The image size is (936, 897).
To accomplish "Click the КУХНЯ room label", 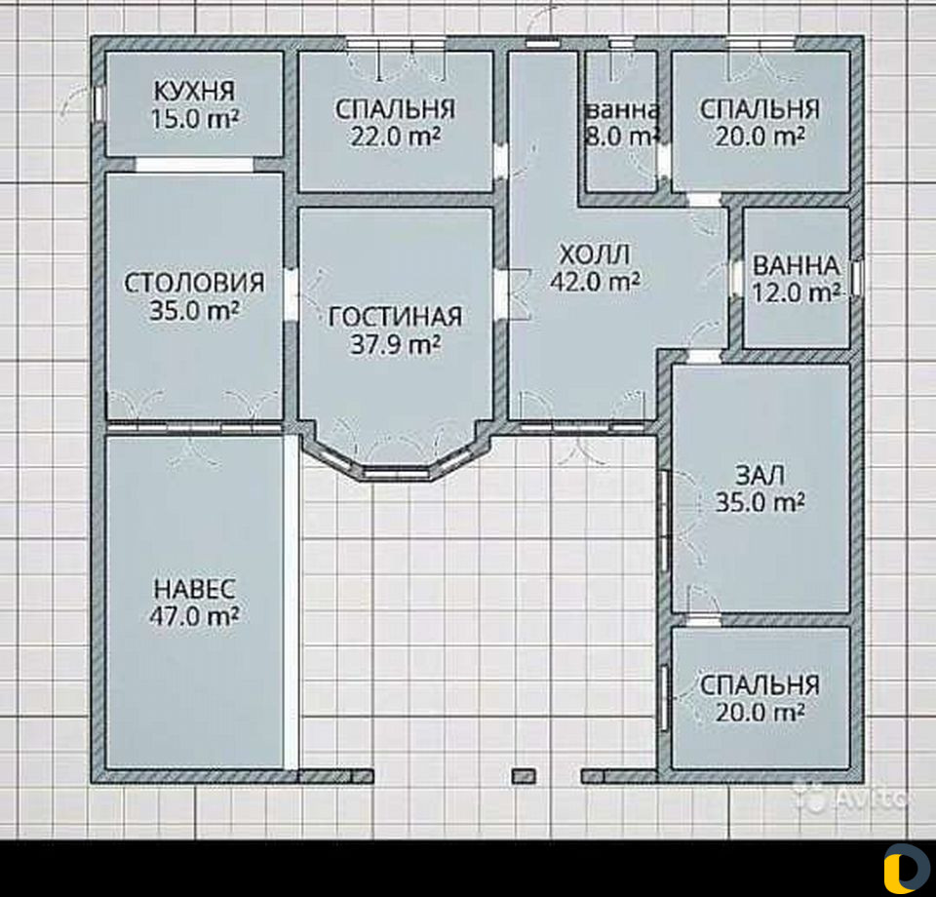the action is (195, 92).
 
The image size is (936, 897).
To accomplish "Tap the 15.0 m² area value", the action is (195, 119).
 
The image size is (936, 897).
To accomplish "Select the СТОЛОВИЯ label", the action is (195, 283).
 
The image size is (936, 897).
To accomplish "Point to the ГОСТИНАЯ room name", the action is (396, 316).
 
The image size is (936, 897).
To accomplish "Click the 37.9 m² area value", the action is (396, 344).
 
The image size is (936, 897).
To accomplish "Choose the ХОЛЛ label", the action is (595, 254).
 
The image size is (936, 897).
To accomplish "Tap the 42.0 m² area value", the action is (595, 281).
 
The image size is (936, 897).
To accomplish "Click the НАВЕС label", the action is (195, 589).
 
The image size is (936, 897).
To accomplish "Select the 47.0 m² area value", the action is (195, 616).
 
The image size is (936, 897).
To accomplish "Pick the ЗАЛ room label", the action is (760, 475).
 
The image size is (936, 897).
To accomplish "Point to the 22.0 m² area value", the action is (396, 136).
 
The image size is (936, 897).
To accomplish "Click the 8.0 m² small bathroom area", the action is (621, 136).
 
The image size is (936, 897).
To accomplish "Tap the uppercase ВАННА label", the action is (797, 265).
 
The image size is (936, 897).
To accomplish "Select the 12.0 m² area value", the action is (797, 292).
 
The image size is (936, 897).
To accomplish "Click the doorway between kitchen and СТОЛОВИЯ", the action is (195, 165).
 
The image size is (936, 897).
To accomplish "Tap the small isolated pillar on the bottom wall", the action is (524, 776).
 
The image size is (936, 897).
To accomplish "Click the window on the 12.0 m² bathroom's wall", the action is (857, 278).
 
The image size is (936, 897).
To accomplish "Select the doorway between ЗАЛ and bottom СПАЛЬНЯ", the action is (704, 620).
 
